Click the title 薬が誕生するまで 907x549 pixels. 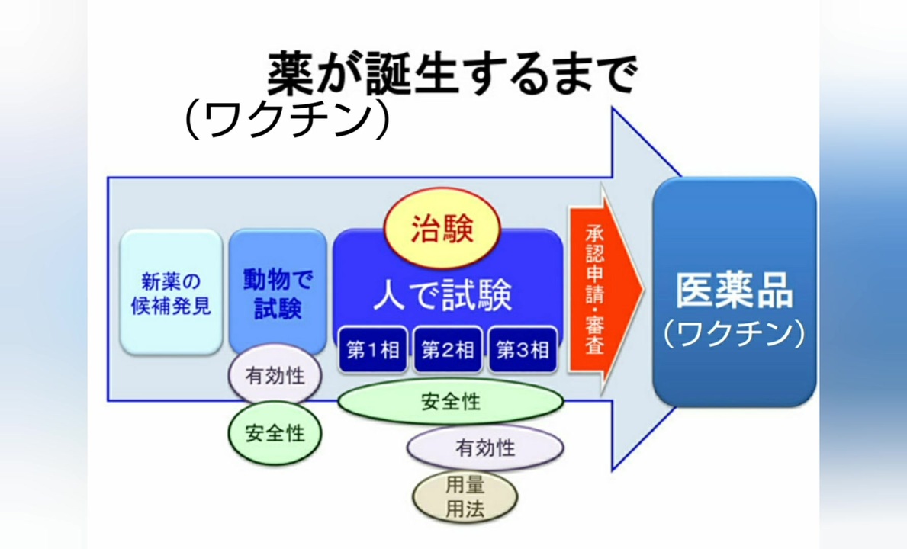click(452, 73)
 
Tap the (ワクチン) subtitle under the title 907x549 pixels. click(288, 120)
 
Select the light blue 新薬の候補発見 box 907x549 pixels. click(171, 292)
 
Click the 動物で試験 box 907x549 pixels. click(278, 291)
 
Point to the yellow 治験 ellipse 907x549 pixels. click(442, 228)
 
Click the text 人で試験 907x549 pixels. click(442, 295)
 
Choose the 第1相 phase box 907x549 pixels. click(373, 350)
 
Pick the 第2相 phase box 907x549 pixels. click(448, 350)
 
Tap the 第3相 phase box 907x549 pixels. click(523, 350)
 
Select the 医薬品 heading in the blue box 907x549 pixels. click(734, 291)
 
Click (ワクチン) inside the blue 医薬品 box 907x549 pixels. click(734, 334)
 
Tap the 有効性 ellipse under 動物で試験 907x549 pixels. click(275, 376)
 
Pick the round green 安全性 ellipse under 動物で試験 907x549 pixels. click(275, 433)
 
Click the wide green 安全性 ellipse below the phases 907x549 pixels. click(451, 402)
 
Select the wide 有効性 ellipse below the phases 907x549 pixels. click(485, 448)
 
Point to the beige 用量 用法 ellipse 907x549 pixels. click(465, 497)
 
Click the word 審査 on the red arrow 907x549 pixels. click(595, 335)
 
